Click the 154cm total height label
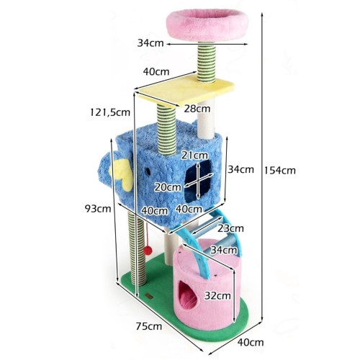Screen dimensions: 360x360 [280, 171]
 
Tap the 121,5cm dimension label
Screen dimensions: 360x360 [110, 112]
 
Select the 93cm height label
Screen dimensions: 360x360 [98, 209]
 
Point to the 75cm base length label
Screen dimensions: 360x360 [149, 326]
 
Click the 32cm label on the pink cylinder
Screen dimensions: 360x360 [217, 295]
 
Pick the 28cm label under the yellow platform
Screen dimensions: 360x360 [197, 109]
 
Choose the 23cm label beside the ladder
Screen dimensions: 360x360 [230, 228]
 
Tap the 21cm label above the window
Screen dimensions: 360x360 [194, 156]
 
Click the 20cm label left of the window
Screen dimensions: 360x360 [168, 187]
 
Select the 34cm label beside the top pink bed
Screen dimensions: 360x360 [150, 43]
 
